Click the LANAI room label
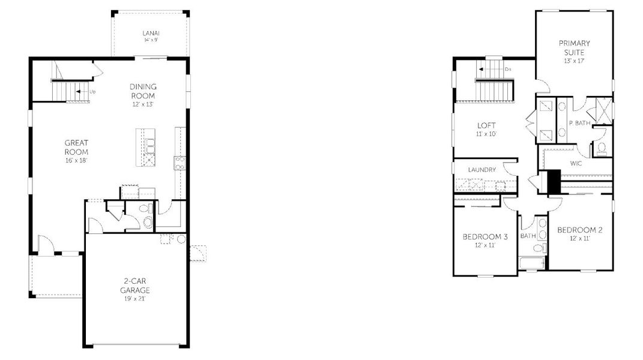tap(151, 32)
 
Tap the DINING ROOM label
tap(142, 91)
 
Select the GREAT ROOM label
tap(77, 147)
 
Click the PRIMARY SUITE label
tap(574, 47)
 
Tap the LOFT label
tap(486, 125)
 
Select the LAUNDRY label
tap(481, 170)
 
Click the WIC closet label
tap(576, 163)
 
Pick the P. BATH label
tap(579, 123)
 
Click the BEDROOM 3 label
tap(485, 236)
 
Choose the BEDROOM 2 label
tap(579, 230)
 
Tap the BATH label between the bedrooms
tap(528, 236)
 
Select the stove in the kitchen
tap(180, 161)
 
